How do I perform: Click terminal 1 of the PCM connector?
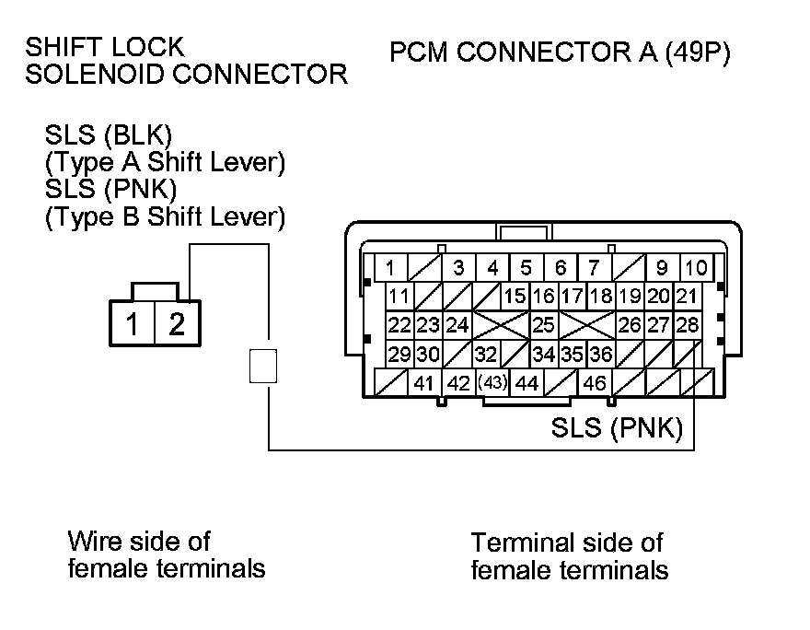[x=390, y=269]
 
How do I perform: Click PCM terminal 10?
[x=697, y=269]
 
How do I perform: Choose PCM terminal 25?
[x=543, y=324]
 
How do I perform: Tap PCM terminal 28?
[x=688, y=324]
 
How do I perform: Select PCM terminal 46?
[x=595, y=383]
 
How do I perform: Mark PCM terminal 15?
[x=515, y=297]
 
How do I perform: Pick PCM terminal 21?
[x=687, y=297]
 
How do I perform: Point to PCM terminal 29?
[x=399, y=354]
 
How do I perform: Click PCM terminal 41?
[x=423, y=383]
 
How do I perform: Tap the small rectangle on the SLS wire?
[x=262, y=366]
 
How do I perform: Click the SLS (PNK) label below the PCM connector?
[x=616, y=428]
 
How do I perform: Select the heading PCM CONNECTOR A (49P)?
[x=560, y=53]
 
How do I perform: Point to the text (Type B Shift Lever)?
[x=165, y=216]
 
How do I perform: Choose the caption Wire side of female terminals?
[x=166, y=554]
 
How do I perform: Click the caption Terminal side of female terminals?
[x=569, y=555]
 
